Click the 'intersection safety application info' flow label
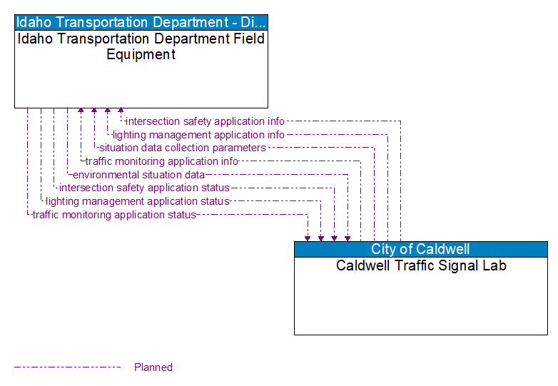click(x=205, y=121)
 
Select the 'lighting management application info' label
click(x=198, y=135)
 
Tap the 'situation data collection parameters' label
click(x=182, y=148)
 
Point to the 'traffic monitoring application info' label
click(x=161, y=161)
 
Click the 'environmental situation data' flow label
click(x=138, y=174)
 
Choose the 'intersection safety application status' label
click(x=144, y=188)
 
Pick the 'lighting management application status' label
click(x=137, y=201)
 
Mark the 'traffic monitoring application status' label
click(x=114, y=214)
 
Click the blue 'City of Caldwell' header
click(x=420, y=249)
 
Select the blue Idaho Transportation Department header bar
click(x=141, y=21)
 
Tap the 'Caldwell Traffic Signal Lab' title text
click(x=421, y=265)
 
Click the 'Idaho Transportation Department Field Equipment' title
click(x=141, y=46)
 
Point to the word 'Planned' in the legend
click(x=153, y=367)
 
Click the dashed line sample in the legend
click(x=68, y=367)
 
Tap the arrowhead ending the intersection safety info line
click(x=121, y=111)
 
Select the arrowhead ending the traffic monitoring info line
click(x=81, y=111)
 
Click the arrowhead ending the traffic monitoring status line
click(x=308, y=238)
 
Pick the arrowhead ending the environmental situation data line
click(x=348, y=238)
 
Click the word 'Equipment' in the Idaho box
click(x=141, y=54)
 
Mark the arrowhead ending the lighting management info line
click(x=107, y=111)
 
